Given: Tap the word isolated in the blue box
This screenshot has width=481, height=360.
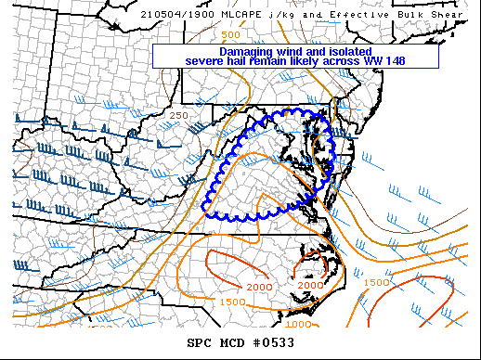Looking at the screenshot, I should pos(346,52).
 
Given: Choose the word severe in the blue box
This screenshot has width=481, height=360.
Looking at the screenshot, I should pos(205,61).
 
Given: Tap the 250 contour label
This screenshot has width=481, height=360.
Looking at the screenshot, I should pos(180,115).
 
